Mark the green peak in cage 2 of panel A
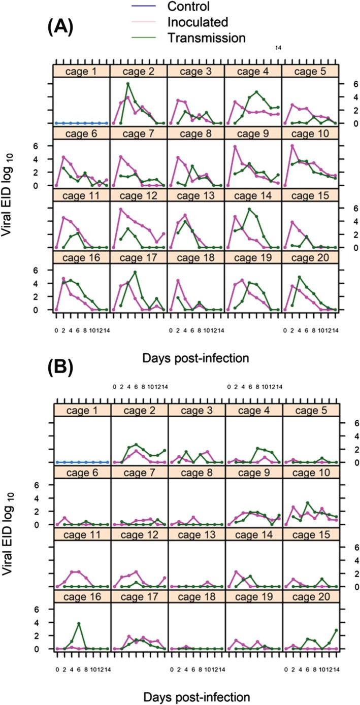coord(128,83)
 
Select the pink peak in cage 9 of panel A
coord(235,147)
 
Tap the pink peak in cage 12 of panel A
coord(121,209)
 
